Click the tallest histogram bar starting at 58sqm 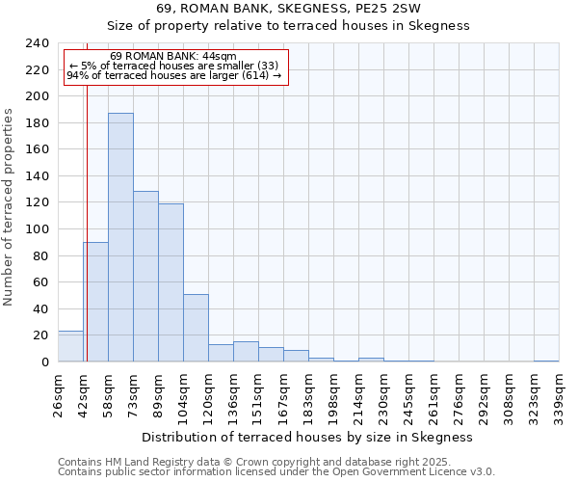pos(120,237)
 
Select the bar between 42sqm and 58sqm pos(95,302)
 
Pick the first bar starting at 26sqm pos(70,346)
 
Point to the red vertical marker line pos(87,222)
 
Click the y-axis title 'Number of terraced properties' pos(9,206)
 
